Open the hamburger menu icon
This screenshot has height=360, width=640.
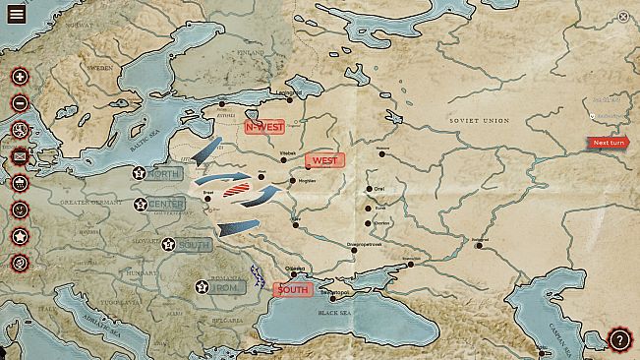point(16,14)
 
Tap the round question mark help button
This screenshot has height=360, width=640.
point(620,340)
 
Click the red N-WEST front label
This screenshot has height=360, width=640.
point(264,126)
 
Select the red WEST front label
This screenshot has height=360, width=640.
point(324,159)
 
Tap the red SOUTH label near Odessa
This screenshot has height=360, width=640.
point(292,290)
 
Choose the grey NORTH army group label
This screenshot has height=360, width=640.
point(163,174)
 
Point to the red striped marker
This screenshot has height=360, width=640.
point(238,187)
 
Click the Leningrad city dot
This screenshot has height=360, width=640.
point(290,84)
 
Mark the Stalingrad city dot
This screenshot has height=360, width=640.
point(480,244)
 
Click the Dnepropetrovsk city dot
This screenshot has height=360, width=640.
point(354,251)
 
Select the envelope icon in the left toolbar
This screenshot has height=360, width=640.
point(19,155)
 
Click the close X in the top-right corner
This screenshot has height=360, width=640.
point(623,16)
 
